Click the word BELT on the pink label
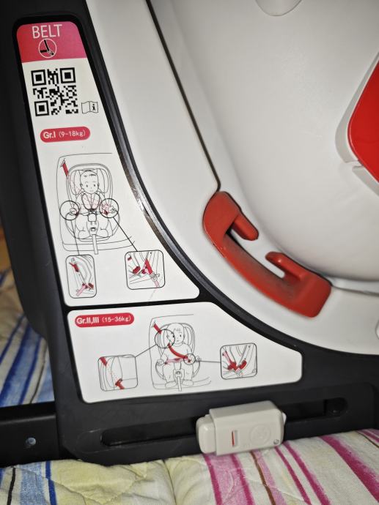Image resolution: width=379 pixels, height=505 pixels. (47, 31)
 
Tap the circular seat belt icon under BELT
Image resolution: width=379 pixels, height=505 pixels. (48, 48)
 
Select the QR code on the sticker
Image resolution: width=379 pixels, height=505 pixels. (55, 91)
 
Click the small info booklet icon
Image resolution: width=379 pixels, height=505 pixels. (90, 107)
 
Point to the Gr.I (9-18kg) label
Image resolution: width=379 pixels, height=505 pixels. (65, 135)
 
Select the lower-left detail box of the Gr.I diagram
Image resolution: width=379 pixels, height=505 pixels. (81, 276)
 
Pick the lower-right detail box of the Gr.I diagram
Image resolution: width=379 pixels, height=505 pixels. (144, 270)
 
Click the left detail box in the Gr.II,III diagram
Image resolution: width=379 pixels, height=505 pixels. (117, 373)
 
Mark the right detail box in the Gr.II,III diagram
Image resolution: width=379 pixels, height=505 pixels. (238, 361)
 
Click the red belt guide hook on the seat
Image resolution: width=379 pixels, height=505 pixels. (265, 255)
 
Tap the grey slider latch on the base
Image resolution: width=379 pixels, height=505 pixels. (241, 427)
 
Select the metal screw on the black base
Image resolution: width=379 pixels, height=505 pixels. (30, 442)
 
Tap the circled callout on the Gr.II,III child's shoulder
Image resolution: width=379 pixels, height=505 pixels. (165, 337)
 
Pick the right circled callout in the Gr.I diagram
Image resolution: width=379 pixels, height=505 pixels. (108, 209)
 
